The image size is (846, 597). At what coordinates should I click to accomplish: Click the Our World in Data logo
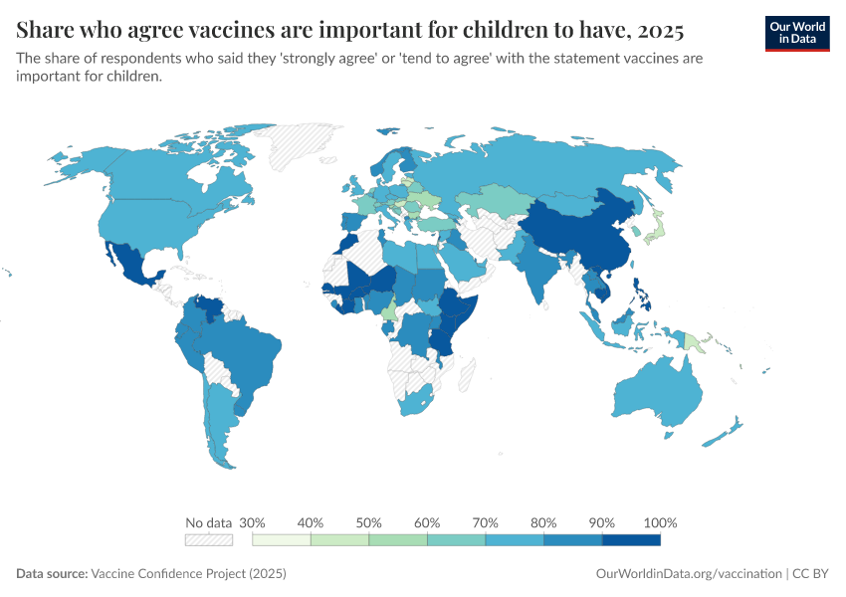(x=796, y=33)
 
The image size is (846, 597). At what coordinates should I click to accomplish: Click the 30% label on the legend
(x=252, y=522)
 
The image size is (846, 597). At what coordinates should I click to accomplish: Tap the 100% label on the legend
(x=660, y=522)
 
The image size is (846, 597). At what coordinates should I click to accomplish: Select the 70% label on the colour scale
(x=486, y=522)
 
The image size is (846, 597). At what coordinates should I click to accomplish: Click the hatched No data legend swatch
(x=208, y=539)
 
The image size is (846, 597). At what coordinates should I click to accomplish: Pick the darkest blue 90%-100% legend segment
(x=631, y=539)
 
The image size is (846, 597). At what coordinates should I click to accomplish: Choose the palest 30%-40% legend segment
(x=282, y=539)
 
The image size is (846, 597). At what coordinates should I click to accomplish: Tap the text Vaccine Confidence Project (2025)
(x=188, y=574)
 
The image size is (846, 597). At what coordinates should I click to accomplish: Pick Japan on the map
(x=654, y=231)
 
